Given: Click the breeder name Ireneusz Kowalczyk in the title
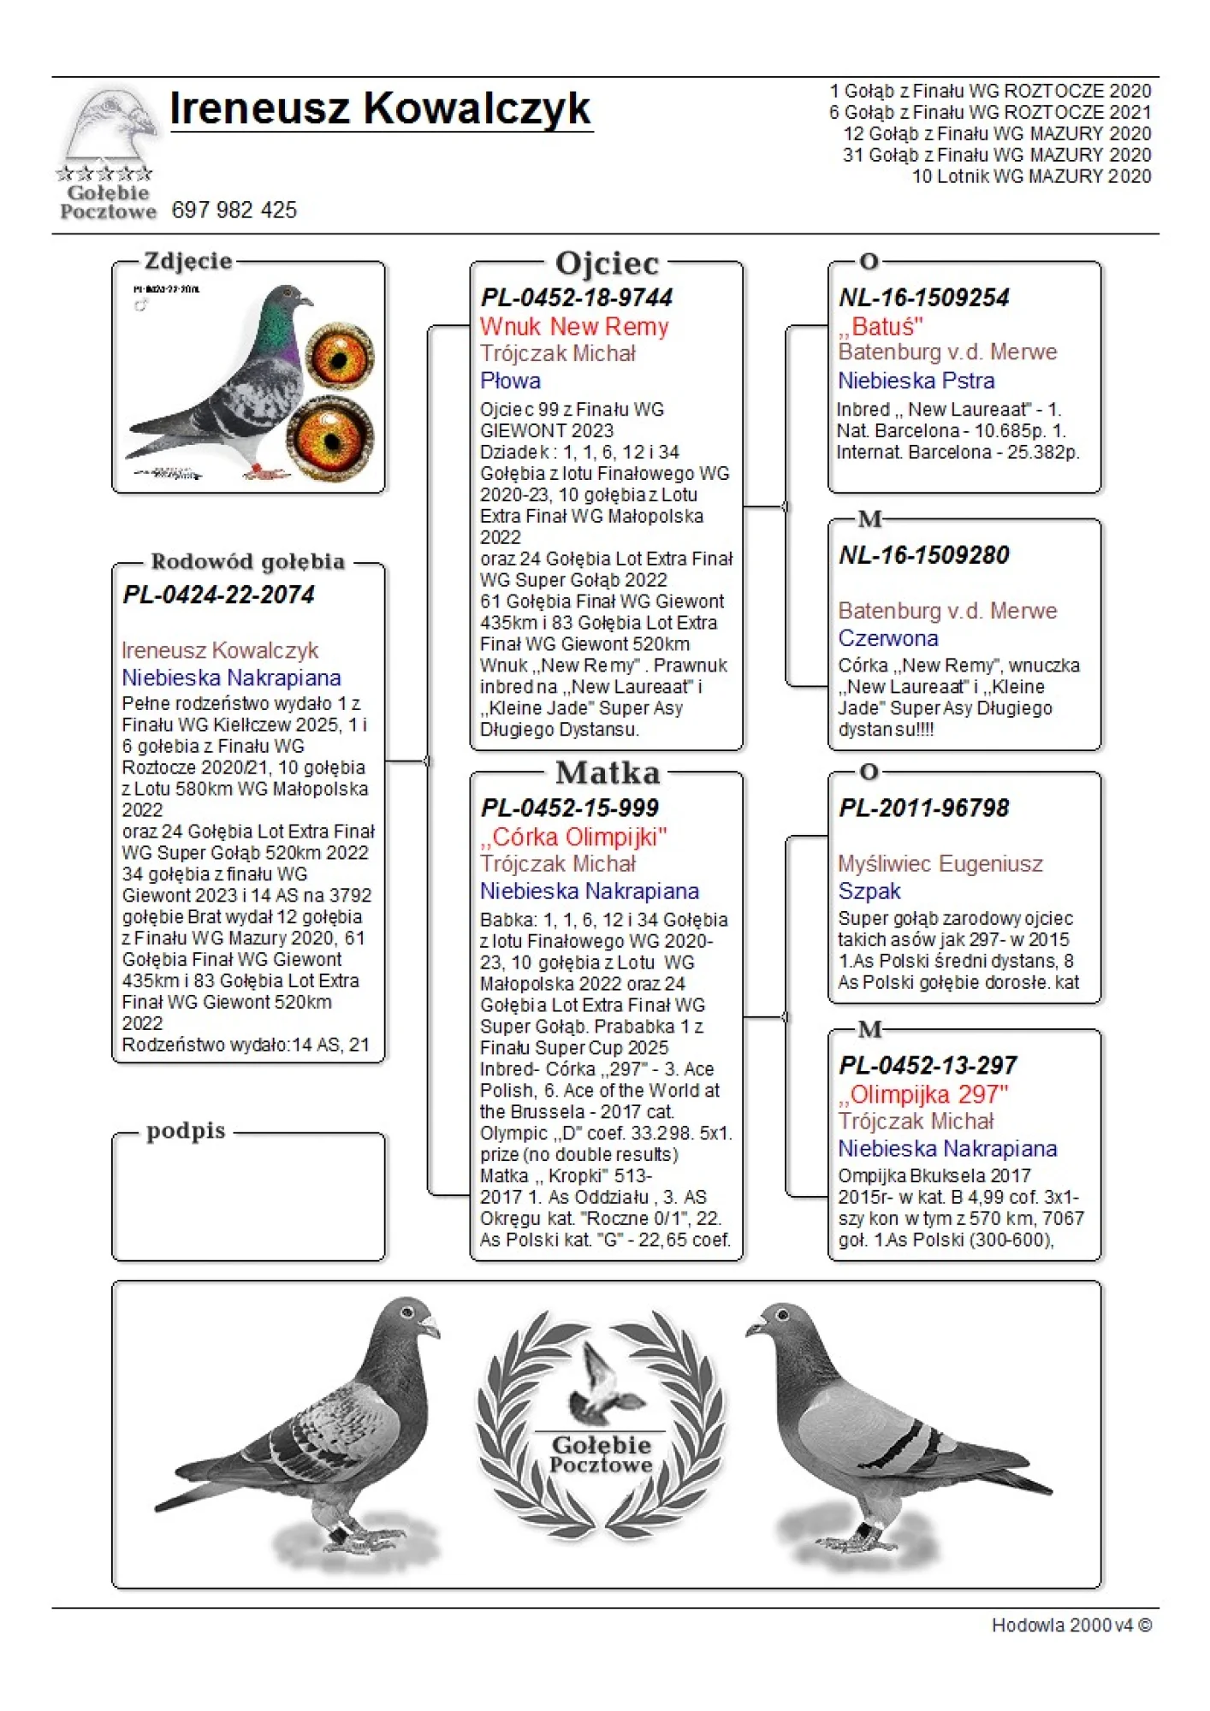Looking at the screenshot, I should [380, 110].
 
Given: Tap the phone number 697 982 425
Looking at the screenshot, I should [234, 210].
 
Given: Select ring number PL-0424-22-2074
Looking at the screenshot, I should [219, 595].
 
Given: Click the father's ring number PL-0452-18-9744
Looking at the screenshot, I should [577, 298].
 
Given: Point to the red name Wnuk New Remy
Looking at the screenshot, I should [574, 327].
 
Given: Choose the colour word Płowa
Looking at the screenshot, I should [510, 381].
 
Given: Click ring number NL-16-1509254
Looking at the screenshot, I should [924, 298].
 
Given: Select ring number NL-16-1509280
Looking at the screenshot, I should [924, 555].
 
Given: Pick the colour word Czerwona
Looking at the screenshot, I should [888, 638].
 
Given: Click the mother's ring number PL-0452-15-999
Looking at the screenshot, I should [570, 808].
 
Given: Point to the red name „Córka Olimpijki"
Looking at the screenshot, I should [573, 837].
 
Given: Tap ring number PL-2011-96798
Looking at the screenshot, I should [924, 808].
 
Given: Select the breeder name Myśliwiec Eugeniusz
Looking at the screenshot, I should [940, 864].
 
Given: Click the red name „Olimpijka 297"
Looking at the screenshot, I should [923, 1094].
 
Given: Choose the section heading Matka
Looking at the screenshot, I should [608, 773].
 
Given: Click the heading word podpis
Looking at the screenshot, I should [186, 1131].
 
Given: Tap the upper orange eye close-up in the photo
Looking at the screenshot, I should [340, 355].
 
